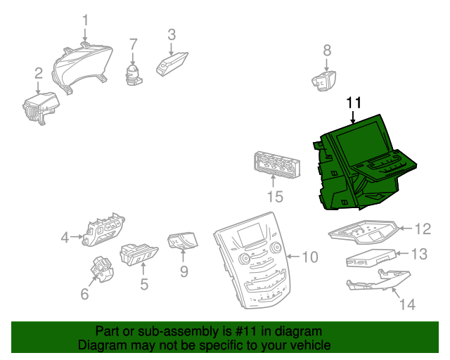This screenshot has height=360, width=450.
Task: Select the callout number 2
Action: (38, 72)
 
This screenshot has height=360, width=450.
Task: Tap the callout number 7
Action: (133, 44)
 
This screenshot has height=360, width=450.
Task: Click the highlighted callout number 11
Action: (353, 103)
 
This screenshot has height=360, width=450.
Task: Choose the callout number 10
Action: (310, 257)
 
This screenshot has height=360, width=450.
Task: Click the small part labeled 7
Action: (132, 72)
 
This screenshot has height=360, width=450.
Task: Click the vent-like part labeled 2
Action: (39, 109)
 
